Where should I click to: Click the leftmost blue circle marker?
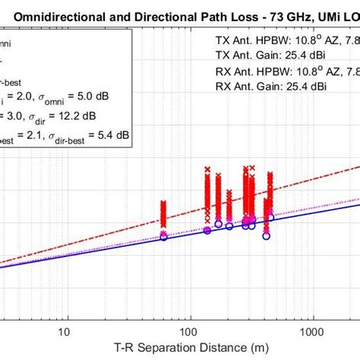163,238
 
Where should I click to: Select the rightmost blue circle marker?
271,218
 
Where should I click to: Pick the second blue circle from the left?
207,230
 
